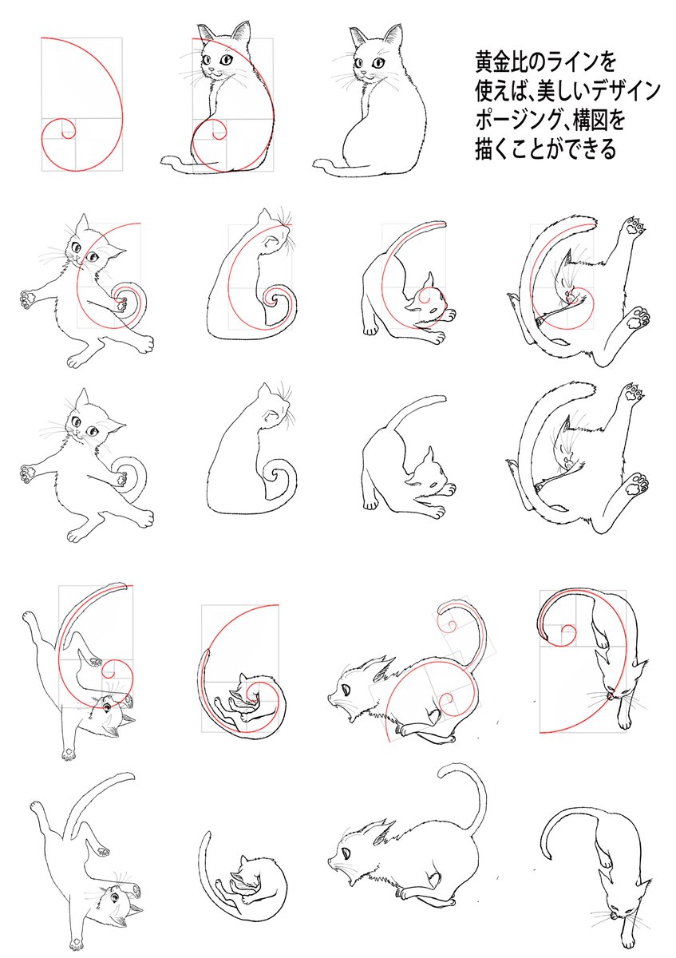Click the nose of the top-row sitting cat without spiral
pos(364,73)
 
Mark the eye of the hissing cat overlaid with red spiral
pos(345,690)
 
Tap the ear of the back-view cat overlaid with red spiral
pos(263,216)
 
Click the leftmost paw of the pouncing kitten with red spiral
pos(27,297)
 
